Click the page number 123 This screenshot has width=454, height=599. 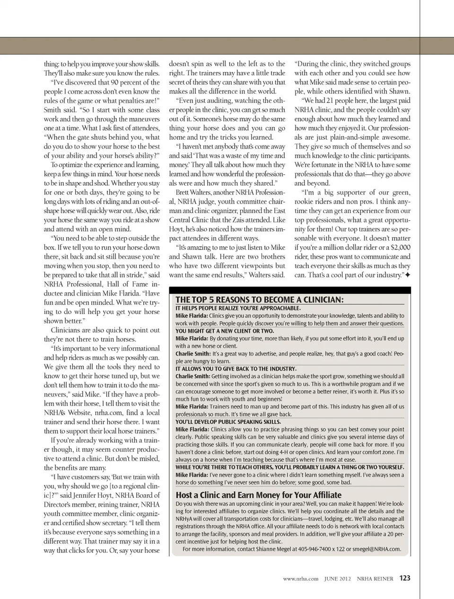[x=405, y=578]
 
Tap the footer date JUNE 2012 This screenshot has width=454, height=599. [x=338, y=579]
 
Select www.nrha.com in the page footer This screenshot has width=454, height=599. [x=300, y=579]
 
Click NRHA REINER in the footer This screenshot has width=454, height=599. [x=375, y=579]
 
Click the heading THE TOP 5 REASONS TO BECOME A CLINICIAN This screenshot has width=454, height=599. [x=260, y=299]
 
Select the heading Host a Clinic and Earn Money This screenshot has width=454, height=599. [x=258, y=495]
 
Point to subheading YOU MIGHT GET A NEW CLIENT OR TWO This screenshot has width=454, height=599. [x=225, y=331]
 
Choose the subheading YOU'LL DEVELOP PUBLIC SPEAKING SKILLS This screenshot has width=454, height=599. [x=228, y=421]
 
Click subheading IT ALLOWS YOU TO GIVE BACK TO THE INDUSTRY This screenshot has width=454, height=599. [x=236, y=368]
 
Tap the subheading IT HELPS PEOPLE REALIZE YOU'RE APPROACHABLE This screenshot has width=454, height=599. [x=238, y=308]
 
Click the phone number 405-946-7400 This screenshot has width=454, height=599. [x=318, y=549]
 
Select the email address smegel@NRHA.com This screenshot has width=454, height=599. [x=376, y=549]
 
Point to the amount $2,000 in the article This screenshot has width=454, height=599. [x=400, y=247]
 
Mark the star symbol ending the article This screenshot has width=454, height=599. [x=408, y=275]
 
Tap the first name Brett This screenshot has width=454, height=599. [x=182, y=192]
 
